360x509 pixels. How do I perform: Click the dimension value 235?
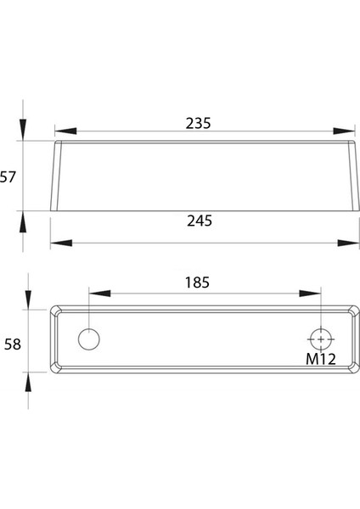pos(198,122)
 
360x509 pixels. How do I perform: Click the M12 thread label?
pos(321,358)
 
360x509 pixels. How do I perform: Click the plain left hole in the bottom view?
pos(88,338)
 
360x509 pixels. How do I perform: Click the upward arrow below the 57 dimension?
pos(23,221)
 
